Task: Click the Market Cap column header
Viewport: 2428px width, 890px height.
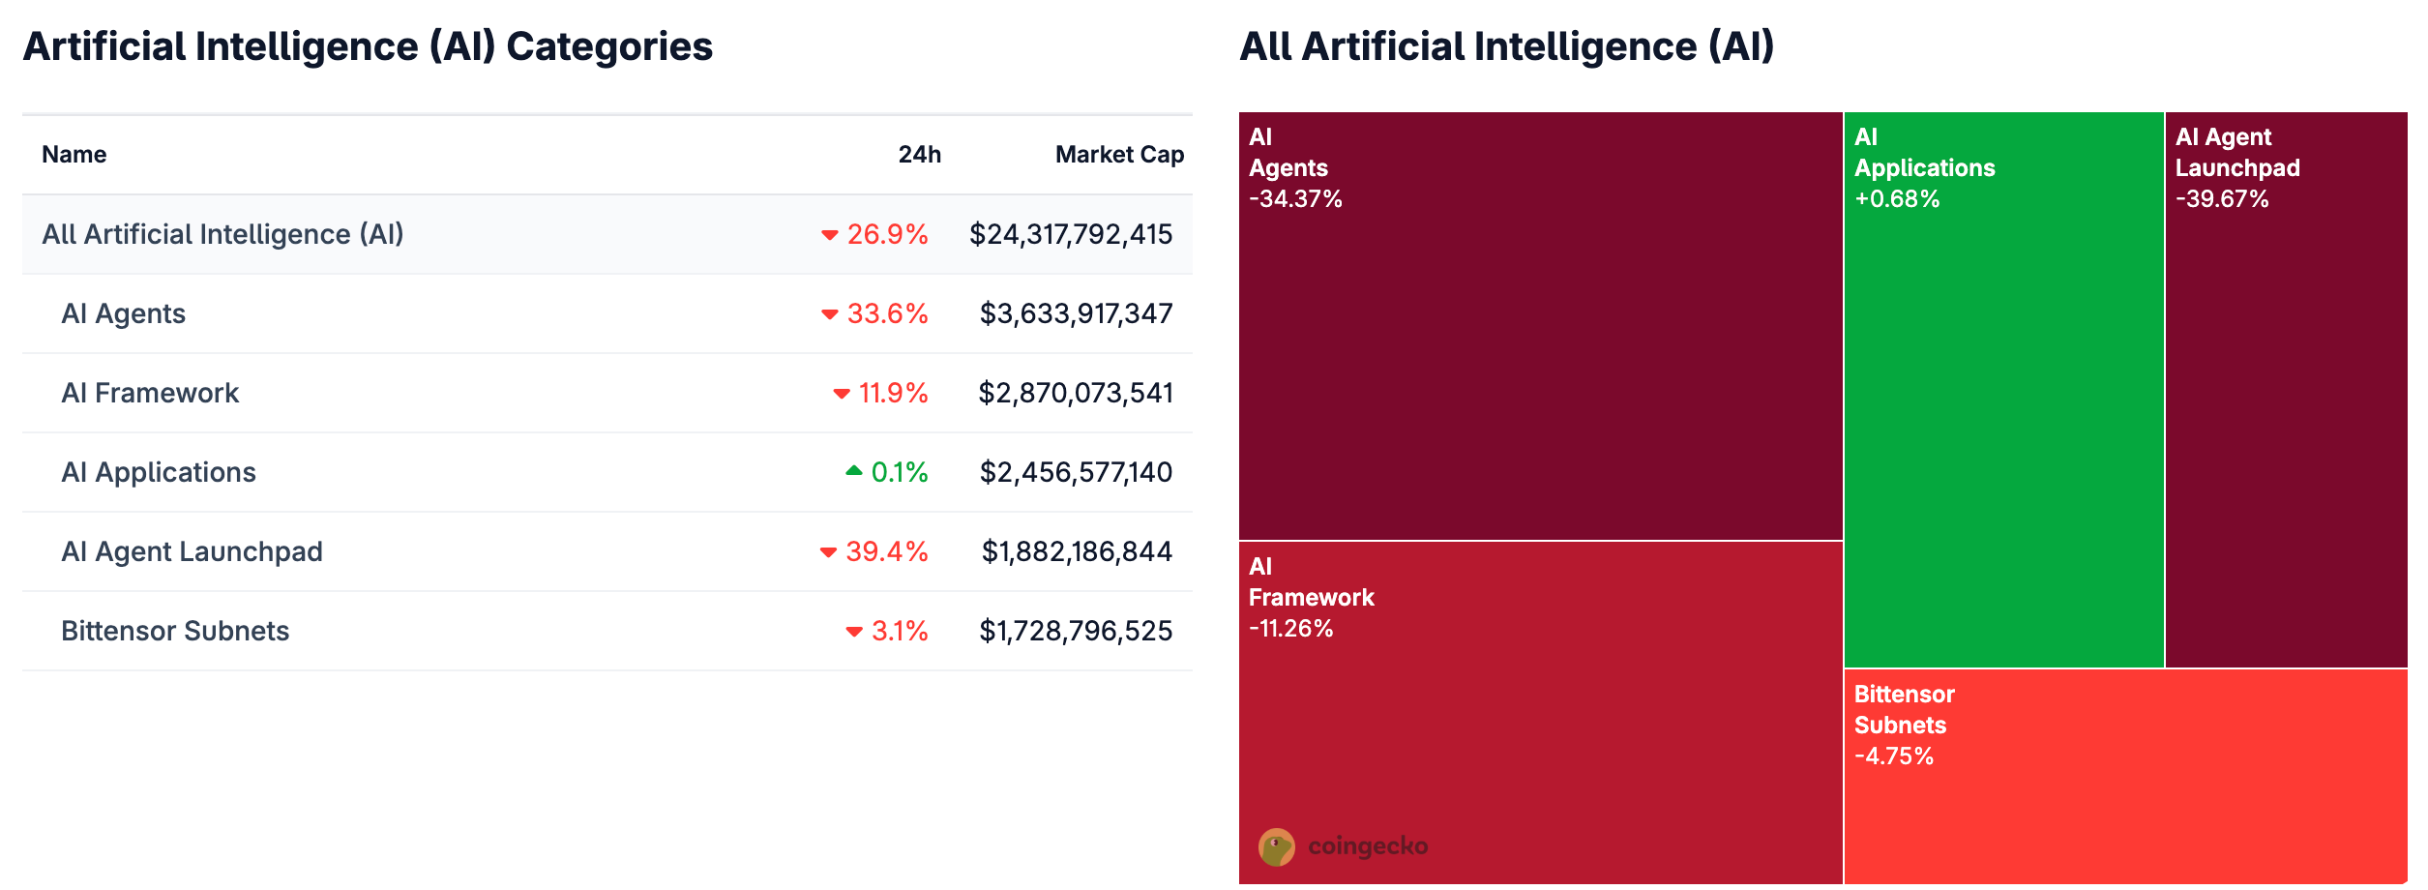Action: click(1119, 155)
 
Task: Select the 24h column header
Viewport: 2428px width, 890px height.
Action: click(919, 155)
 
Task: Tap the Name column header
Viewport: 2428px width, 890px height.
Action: click(74, 155)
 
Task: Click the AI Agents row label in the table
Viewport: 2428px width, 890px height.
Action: click(123, 313)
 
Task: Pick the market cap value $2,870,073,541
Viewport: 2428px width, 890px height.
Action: click(1075, 393)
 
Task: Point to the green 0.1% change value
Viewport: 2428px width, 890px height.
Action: click(899, 472)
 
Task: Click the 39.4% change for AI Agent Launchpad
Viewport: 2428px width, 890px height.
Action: click(886, 551)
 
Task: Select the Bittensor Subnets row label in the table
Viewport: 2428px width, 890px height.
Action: click(175, 631)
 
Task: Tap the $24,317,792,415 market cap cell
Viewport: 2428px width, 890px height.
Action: click(1070, 234)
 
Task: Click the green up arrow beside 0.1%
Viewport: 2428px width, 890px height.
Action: click(853, 471)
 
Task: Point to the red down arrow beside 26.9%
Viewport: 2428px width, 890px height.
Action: click(829, 235)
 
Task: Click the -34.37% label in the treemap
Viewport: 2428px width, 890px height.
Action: click(1295, 199)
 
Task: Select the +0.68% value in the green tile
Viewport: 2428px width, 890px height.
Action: click(1897, 199)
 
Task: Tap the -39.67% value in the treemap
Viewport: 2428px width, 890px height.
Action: click(2222, 199)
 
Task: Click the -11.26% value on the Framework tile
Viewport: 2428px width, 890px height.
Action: click(1290, 629)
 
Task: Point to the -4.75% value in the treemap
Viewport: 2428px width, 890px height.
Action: click(1893, 756)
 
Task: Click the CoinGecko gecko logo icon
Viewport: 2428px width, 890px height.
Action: click(1276, 846)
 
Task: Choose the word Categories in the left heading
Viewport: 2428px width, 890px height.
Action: click(609, 46)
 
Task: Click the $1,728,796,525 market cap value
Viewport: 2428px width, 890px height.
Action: click(1075, 631)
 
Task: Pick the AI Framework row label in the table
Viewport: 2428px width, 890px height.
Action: click(150, 393)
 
